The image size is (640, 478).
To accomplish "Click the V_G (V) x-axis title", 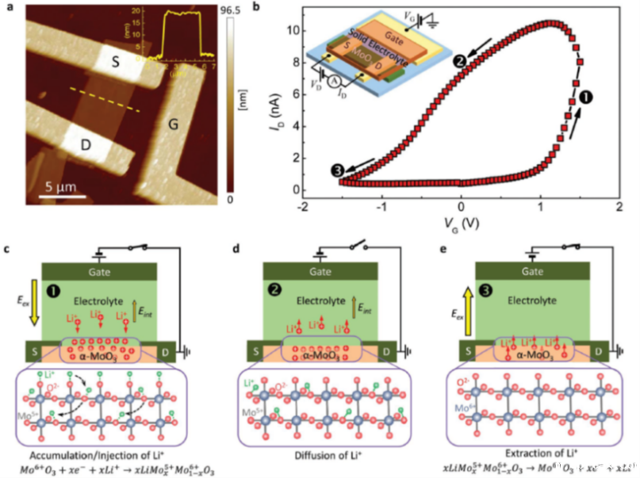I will [461, 224].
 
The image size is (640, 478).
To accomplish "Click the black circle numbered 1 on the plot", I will [588, 97].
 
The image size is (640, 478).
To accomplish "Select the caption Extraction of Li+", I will [532, 453].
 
